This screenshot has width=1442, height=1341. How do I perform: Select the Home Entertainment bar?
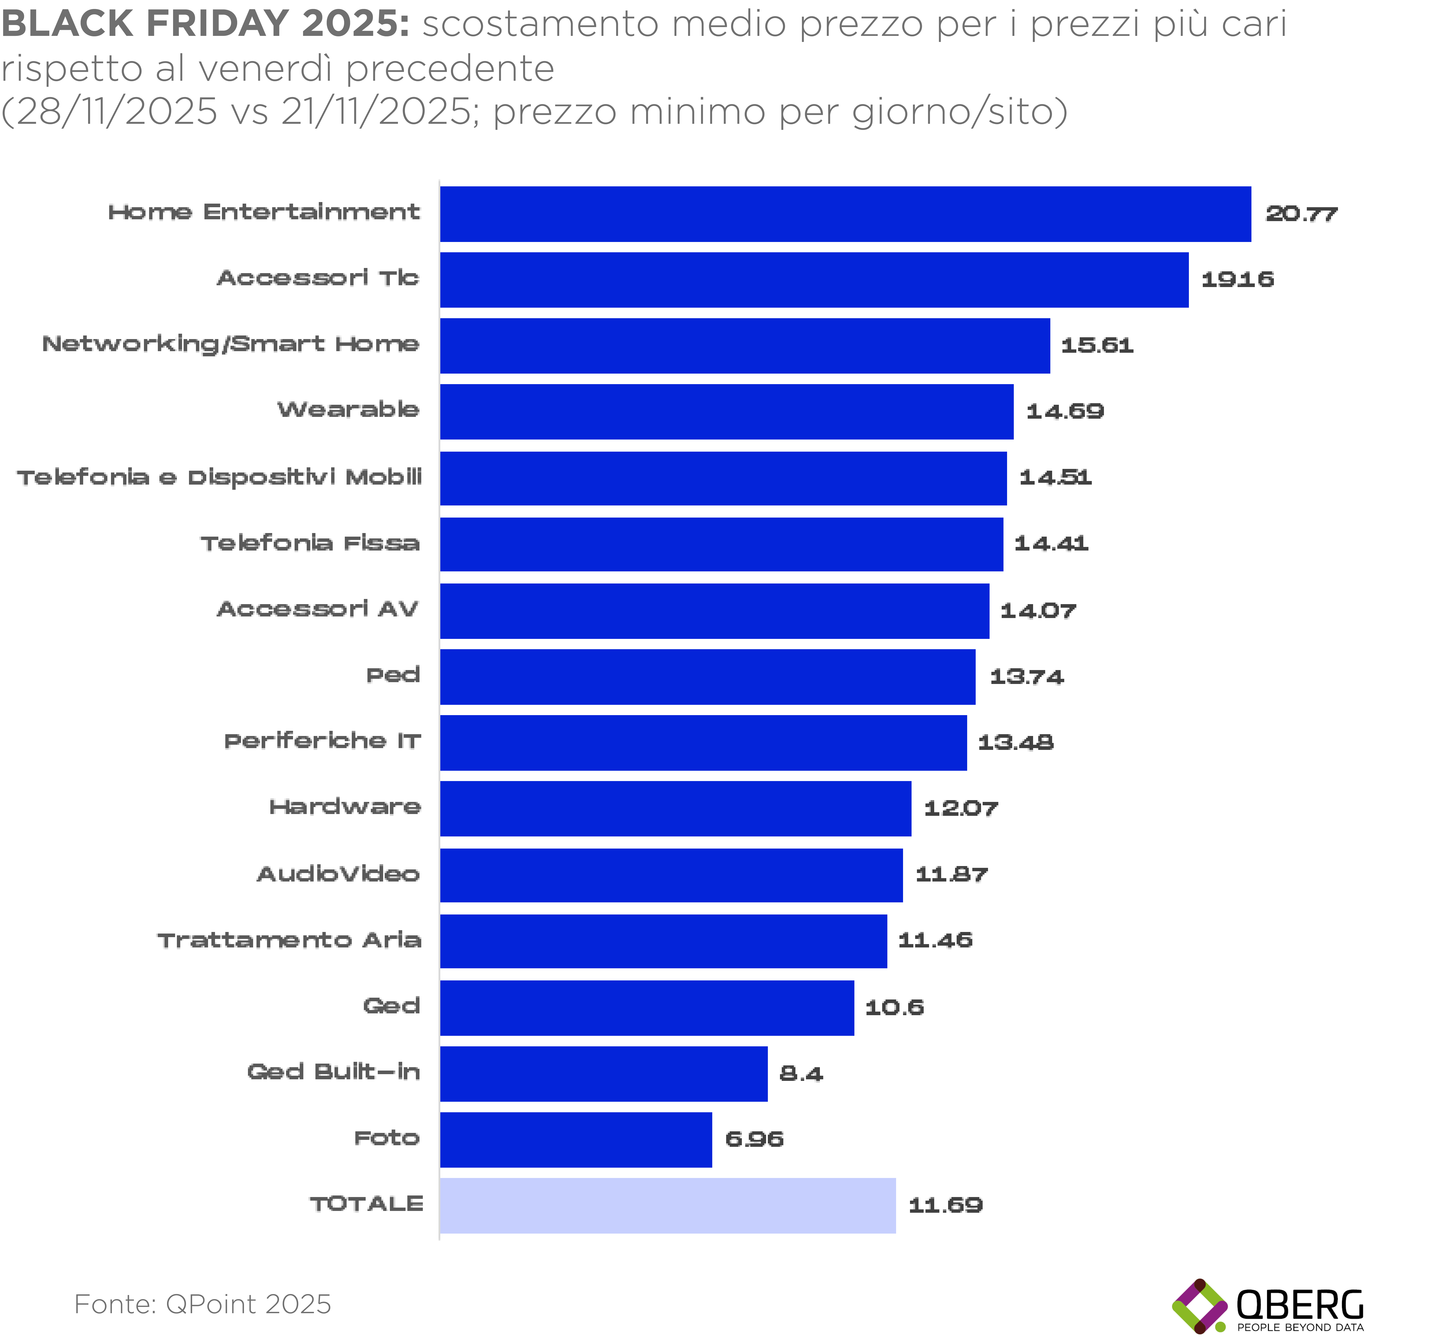[845, 214]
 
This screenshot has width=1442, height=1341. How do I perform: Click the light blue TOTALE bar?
[667, 1205]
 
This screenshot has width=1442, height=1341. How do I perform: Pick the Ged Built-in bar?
[604, 1073]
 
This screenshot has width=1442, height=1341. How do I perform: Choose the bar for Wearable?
[726, 411]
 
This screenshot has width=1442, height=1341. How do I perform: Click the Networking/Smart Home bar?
[744, 345]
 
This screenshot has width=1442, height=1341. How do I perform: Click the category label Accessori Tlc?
[318, 278]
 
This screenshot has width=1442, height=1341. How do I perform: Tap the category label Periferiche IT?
[322, 741]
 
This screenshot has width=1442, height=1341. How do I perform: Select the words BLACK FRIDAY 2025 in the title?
[204, 23]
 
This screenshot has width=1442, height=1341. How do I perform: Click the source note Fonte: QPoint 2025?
[202, 1304]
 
